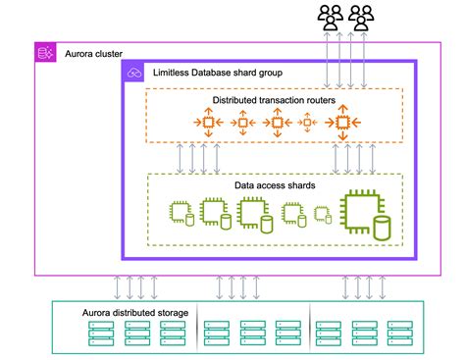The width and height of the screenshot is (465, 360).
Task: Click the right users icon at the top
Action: [x=363, y=16]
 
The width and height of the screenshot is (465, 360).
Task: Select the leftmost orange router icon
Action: [x=207, y=123]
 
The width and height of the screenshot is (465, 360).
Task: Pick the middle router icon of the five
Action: [x=276, y=123]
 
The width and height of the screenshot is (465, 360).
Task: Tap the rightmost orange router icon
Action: [x=342, y=123]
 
